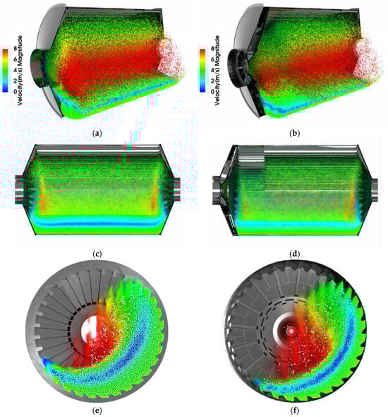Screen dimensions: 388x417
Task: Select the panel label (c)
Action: tap(97, 254)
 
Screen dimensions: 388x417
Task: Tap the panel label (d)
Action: tap(295, 254)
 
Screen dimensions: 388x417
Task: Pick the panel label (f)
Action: tap(295, 411)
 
